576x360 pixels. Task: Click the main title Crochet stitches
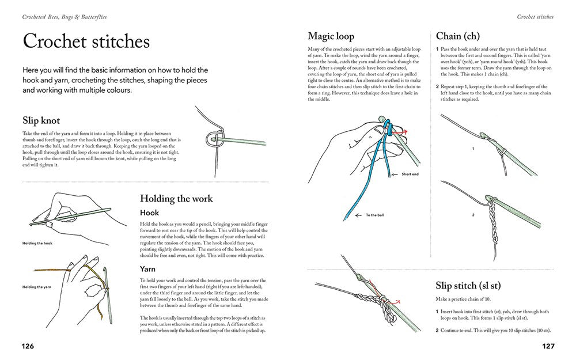86,42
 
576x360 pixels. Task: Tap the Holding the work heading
176,199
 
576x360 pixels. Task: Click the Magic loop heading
331,36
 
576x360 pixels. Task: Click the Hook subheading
150,213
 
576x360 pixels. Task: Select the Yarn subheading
149,268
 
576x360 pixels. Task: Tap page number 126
28,346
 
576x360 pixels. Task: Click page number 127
547,346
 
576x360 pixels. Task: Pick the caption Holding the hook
37,243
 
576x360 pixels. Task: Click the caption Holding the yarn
37,286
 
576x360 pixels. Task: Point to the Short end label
410,175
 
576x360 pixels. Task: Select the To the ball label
376,215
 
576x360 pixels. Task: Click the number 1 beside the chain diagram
472,149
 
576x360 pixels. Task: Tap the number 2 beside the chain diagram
472,215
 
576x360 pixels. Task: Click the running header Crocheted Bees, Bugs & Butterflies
65,17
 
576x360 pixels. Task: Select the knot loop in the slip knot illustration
213,139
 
